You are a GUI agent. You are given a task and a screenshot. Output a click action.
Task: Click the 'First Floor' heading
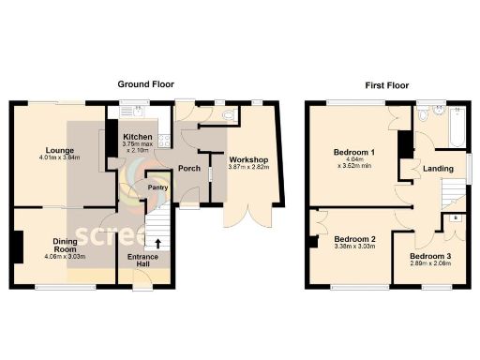click(x=384, y=84)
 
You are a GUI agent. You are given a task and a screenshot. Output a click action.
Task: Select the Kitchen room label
click(x=138, y=137)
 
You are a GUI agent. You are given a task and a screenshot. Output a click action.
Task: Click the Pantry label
click(x=157, y=187)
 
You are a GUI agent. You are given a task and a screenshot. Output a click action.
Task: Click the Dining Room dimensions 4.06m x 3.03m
click(x=63, y=256)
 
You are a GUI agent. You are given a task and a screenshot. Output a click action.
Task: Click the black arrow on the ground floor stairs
click(x=157, y=245)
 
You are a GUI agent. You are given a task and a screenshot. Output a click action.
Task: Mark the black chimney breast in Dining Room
click(x=17, y=247)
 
